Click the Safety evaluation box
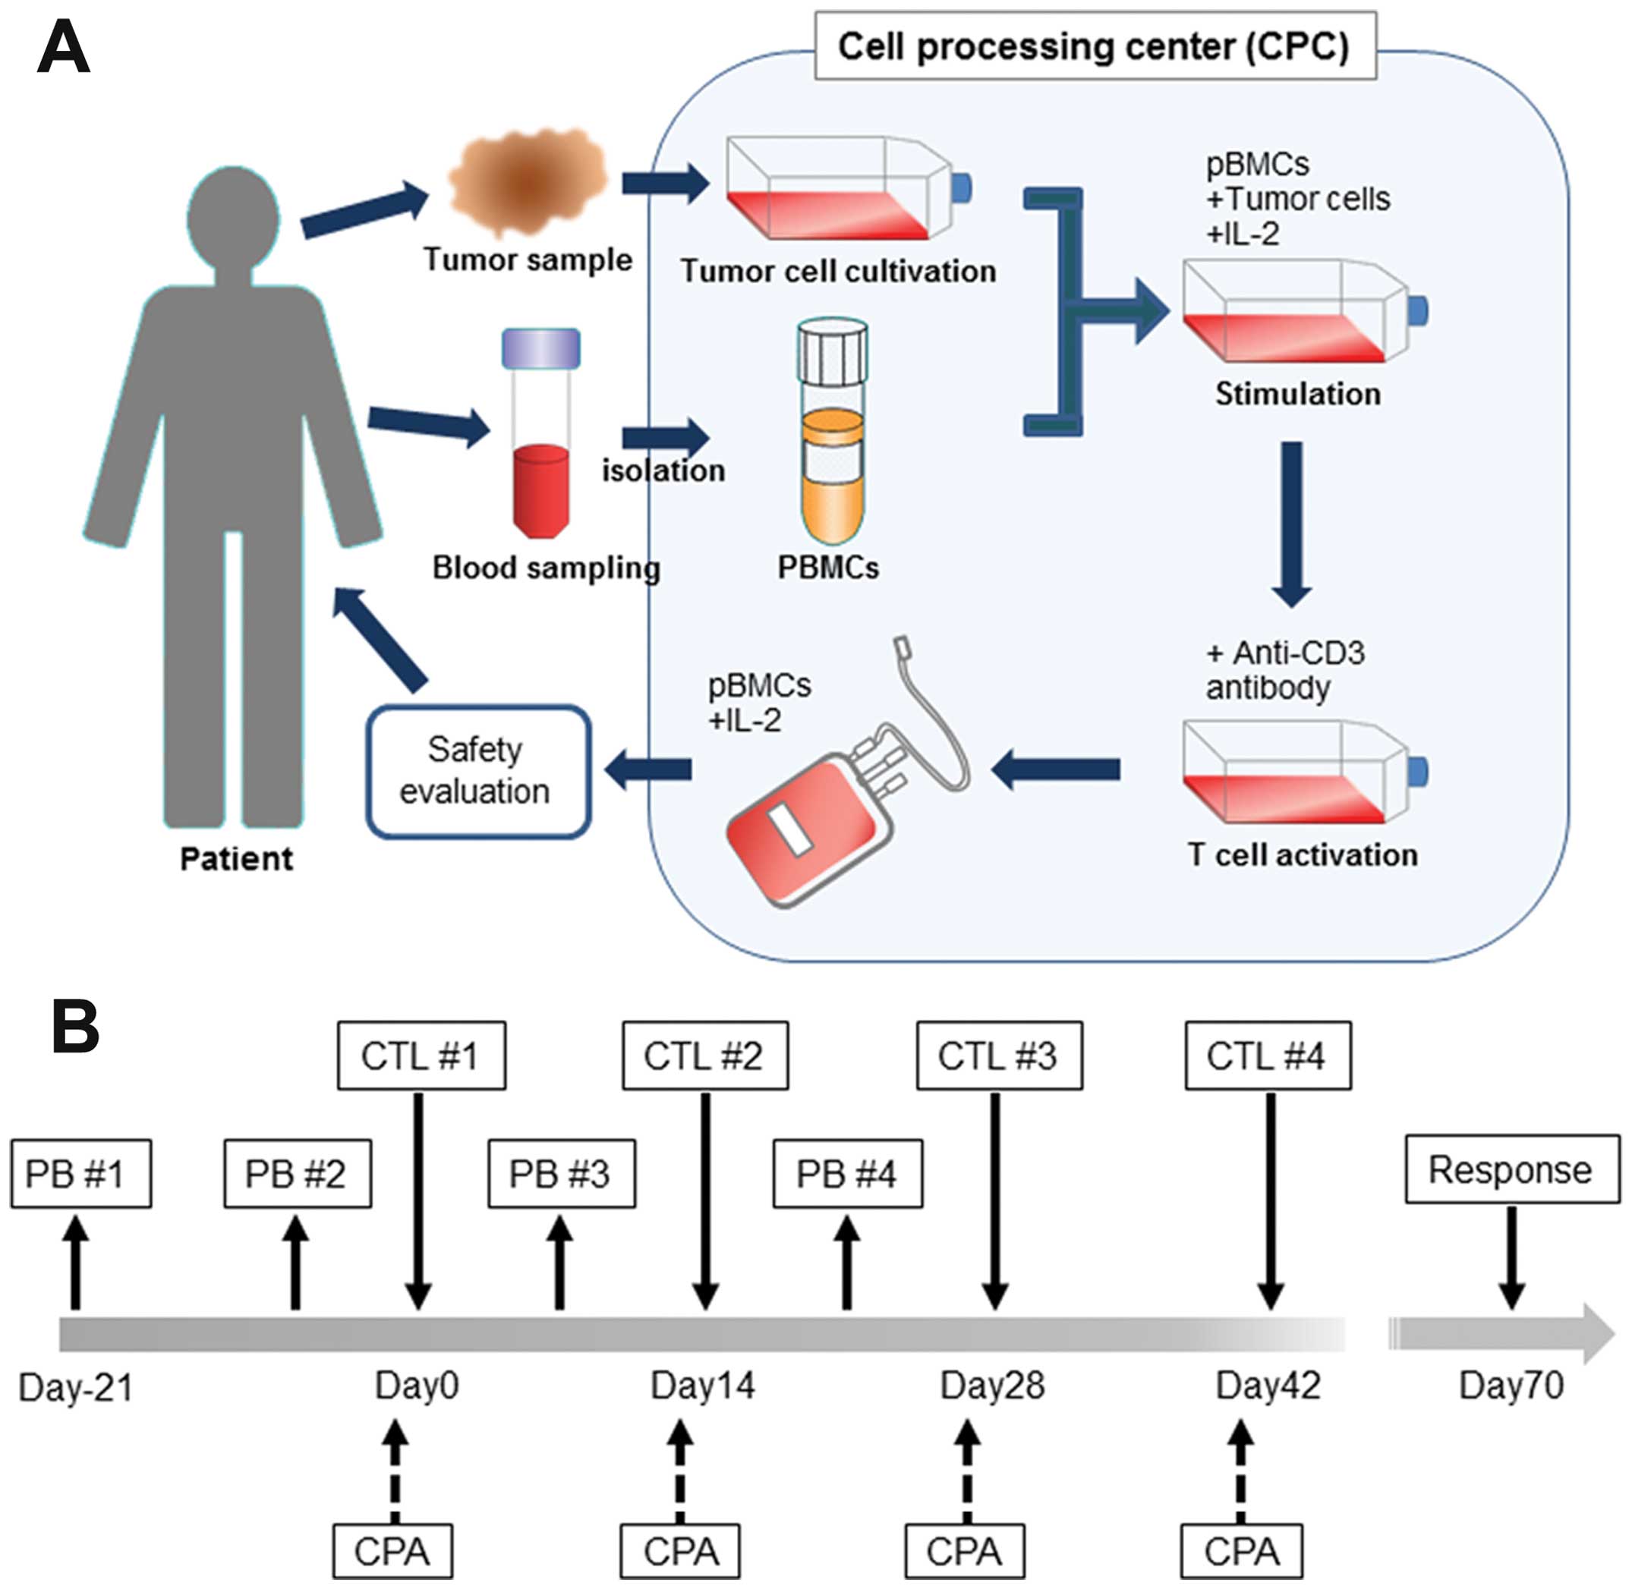pos(478,771)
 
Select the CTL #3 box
pos(998,1056)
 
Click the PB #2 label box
pos(298,1173)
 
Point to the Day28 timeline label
pos(991,1386)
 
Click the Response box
pos(1511,1169)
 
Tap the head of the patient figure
pos(233,216)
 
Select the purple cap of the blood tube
pos(541,348)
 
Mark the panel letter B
pos(75,1027)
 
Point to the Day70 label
pos(1511,1386)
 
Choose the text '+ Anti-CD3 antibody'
pos(1284,670)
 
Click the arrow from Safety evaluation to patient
pos(380,639)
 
